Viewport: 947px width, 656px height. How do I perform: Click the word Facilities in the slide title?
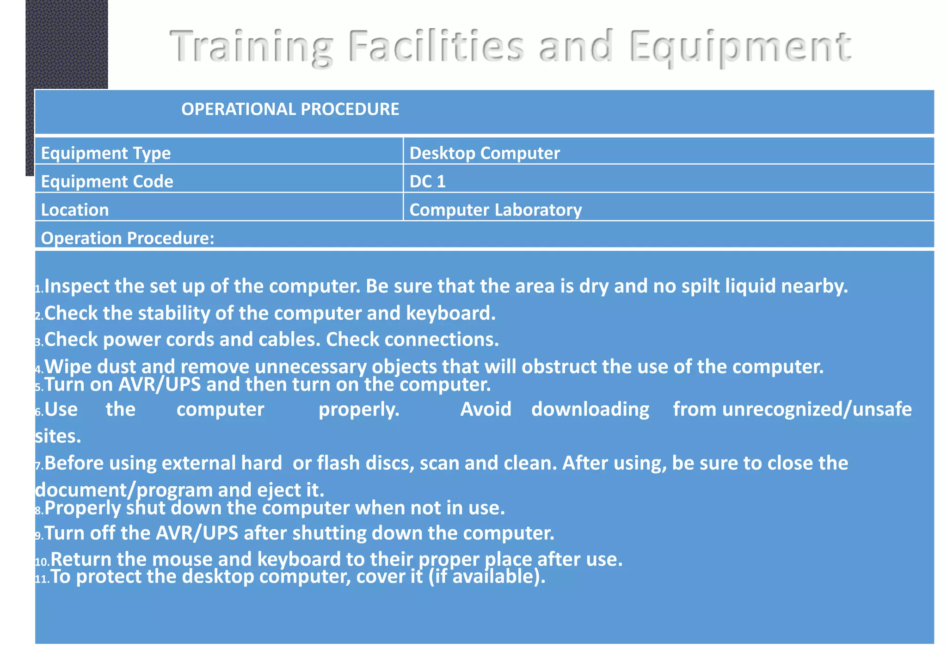(x=436, y=46)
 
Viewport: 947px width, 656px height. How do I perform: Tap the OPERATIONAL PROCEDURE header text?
(x=290, y=109)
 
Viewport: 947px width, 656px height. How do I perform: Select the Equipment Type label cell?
(x=106, y=153)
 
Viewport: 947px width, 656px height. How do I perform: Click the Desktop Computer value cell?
(x=484, y=153)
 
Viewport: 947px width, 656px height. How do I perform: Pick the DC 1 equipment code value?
(x=427, y=181)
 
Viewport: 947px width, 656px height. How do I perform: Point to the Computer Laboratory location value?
(x=495, y=210)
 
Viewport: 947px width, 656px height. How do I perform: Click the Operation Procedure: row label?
(x=128, y=238)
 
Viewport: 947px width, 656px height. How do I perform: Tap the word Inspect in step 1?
(x=77, y=286)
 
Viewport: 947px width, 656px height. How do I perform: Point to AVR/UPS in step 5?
(x=160, y=384)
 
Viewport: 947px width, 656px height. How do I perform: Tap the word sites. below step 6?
(x=58, y=436)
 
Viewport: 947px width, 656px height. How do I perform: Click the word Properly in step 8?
(x=83, y=508)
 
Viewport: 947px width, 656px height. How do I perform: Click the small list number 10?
(x=42, y=562)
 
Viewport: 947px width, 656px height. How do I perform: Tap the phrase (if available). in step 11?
(x=487, y=576)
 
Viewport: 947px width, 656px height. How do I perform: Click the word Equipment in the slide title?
(x=740, y=46)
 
